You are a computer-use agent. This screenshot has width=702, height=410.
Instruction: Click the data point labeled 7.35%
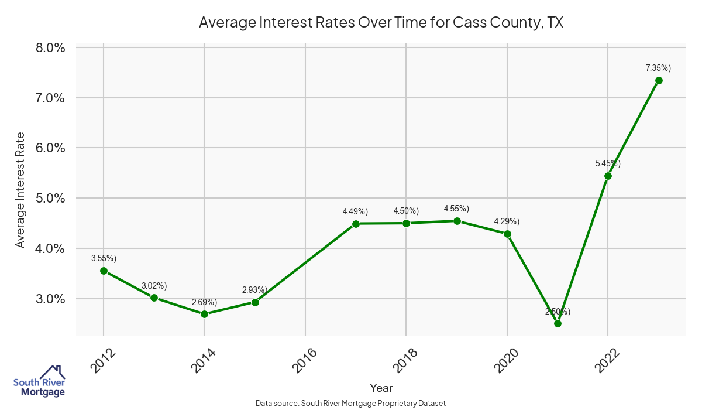coord(659,80)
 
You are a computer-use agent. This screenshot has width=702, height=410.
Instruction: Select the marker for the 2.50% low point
coord(558,323)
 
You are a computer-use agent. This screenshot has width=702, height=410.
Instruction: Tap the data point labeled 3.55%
coord(104,271)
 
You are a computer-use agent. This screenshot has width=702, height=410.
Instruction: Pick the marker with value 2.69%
coord(204,314)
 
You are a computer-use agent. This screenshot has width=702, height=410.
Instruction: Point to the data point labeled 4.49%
coord(356,223)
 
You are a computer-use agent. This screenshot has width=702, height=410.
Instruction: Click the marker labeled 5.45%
coord(608,176)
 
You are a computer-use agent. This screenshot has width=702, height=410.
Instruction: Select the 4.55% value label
coord(456,209)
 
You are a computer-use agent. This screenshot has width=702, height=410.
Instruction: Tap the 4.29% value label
coord(507,221)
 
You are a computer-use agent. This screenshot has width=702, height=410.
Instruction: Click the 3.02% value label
coord(154,286)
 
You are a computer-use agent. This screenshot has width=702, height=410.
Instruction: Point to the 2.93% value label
coord(255,290)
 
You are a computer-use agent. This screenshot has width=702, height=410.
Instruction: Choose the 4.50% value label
coord(406,211)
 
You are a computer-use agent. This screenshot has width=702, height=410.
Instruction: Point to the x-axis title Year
coord(381,388)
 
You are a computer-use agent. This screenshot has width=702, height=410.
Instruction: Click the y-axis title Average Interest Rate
coord(20,190)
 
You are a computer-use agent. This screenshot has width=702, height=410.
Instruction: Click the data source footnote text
coord(351,403)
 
